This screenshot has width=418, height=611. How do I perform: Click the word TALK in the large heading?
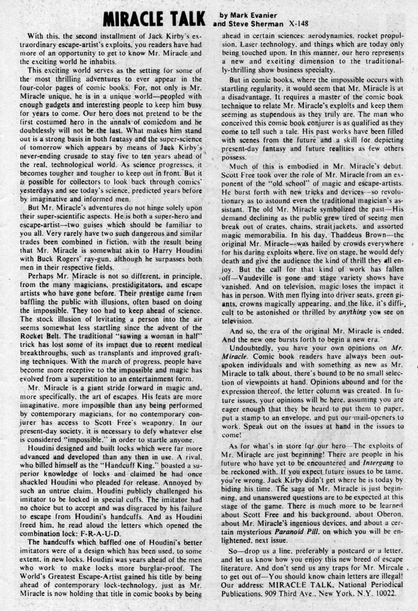point(180,19)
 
